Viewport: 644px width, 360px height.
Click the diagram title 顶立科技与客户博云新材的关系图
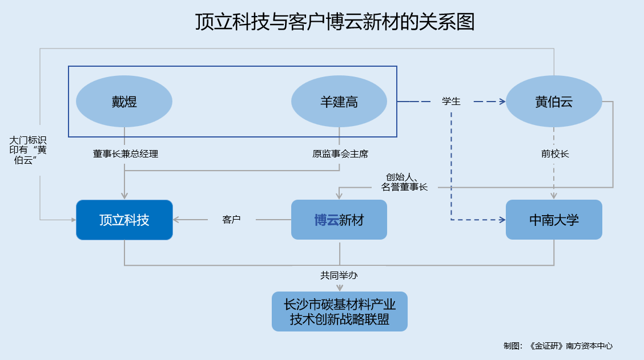pyautogui.click(x=335, y=22)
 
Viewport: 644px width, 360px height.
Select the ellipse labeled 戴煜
pyautogui.click(x=124, y=102)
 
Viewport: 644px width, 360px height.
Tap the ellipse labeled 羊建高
pyautogui.click(x=339, y=102)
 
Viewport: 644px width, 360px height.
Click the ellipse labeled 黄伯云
pyautogui.click(x=554, y=102)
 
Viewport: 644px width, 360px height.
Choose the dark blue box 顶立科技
pyautogui.click(x=124, y=220)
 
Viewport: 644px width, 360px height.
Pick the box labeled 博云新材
pyautogui.click(x=339, y=220)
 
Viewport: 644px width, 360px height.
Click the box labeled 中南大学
pyautogui.click(x=554, y=220)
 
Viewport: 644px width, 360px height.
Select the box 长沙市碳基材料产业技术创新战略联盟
pyautogui.click(x=339, y=312)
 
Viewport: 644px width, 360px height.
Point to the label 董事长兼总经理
pyautogui.click(x=125, y=154)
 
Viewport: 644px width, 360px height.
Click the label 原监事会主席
pyautogui.click(x=340, y=154)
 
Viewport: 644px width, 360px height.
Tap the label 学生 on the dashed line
pyautogui.click(x=451, y=102)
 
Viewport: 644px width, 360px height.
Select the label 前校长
pyautogui.click(x=554, y=154)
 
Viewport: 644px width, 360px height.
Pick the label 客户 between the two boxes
pyautogui.click(x=231, y=220)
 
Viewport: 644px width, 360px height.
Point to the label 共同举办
pyautogui.click(x=339, y=276)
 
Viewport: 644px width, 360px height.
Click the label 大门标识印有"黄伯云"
pyautogui.click(x=28, y=150)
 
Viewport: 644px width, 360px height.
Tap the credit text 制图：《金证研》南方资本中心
pyautogui.click(x=558, y=346)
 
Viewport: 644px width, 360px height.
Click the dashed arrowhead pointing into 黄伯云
pyautogui.click(x=502, y=102)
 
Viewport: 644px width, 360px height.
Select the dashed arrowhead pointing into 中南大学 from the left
pyautogui.click(x=502, y=220)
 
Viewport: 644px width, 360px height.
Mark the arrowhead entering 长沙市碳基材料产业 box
pyautogui.click(x=340, y=288)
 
